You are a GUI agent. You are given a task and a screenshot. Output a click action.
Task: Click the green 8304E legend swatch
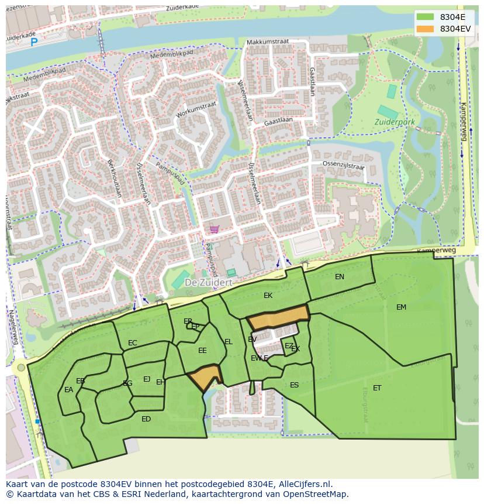pos(425,17)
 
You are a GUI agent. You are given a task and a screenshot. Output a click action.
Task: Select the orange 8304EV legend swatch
pos(425,29)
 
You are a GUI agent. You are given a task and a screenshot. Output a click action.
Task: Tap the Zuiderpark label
pos(395,122)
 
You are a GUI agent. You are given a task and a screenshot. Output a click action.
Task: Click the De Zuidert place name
pos(209,282)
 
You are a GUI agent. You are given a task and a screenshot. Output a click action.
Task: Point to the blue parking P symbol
pos(34,42)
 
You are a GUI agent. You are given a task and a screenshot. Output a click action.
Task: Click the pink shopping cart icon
pos(215,229)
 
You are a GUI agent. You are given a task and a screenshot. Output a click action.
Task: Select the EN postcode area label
pos(340,277)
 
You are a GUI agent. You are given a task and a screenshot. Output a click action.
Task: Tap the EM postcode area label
pos(401,307)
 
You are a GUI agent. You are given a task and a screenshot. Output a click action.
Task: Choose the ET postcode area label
pos(377,388)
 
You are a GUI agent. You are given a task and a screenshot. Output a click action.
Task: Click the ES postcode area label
pos(294,385)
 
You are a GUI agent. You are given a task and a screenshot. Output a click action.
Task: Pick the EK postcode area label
pos(268,296)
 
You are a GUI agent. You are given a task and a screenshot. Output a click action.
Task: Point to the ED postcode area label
pos(146,419)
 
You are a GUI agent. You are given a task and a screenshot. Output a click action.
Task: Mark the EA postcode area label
pos(69,390)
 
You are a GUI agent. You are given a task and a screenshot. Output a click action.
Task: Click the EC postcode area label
pos(133,343)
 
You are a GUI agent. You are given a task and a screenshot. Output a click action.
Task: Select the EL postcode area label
pos(229,342)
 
